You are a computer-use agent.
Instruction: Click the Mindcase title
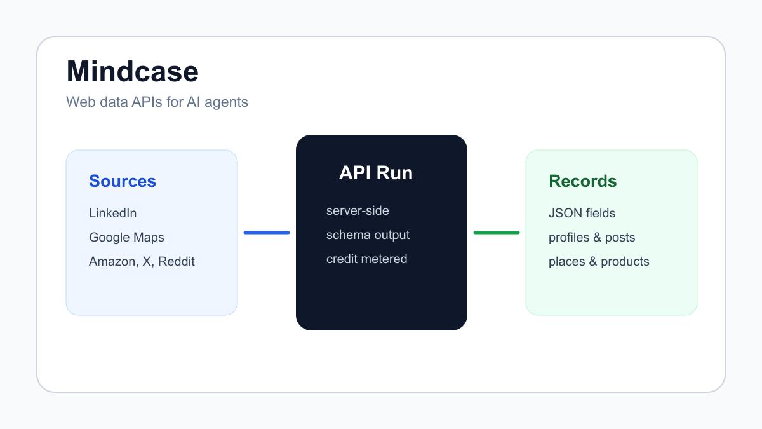pos(132,71)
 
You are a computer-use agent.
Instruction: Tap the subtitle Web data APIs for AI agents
pos(157,102)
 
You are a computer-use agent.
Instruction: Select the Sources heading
pos(123,180)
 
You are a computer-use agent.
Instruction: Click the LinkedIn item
pos(112,213)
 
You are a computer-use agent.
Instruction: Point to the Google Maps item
pos(126,237)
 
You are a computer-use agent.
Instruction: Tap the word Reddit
pos(177,261)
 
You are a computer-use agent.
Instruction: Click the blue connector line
pos(267,233)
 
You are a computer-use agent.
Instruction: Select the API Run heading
pos(376,173)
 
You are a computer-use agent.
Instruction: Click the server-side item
pos(358,211)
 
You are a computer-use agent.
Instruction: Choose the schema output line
pos(368,235)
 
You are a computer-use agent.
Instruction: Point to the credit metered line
pos(367,259)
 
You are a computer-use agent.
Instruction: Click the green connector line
pos(497,233)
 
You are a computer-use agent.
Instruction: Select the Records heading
pos(583,180)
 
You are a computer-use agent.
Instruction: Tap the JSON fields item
pos(582,213)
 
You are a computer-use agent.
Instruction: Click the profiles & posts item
pos(592,237)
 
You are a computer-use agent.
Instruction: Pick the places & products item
pos(599,261)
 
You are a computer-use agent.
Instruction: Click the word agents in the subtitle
pos(226,102)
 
